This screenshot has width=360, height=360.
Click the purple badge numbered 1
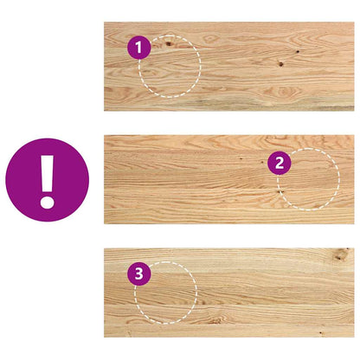click(x=138, y=48)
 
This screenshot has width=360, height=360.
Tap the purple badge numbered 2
click(x=278, y=162)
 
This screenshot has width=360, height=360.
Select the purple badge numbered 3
click(x=138, y=274)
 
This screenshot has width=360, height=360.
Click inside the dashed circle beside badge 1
click(x=170, y=66)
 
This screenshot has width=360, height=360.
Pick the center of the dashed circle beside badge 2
click(x=308, y=179)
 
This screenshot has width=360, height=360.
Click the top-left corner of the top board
click(x=105, y=23)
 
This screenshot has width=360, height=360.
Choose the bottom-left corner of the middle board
click(x=105, y=224)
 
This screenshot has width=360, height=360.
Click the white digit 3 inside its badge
click(x=138, y=274)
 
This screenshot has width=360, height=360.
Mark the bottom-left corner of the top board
click(x=105, y=110)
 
